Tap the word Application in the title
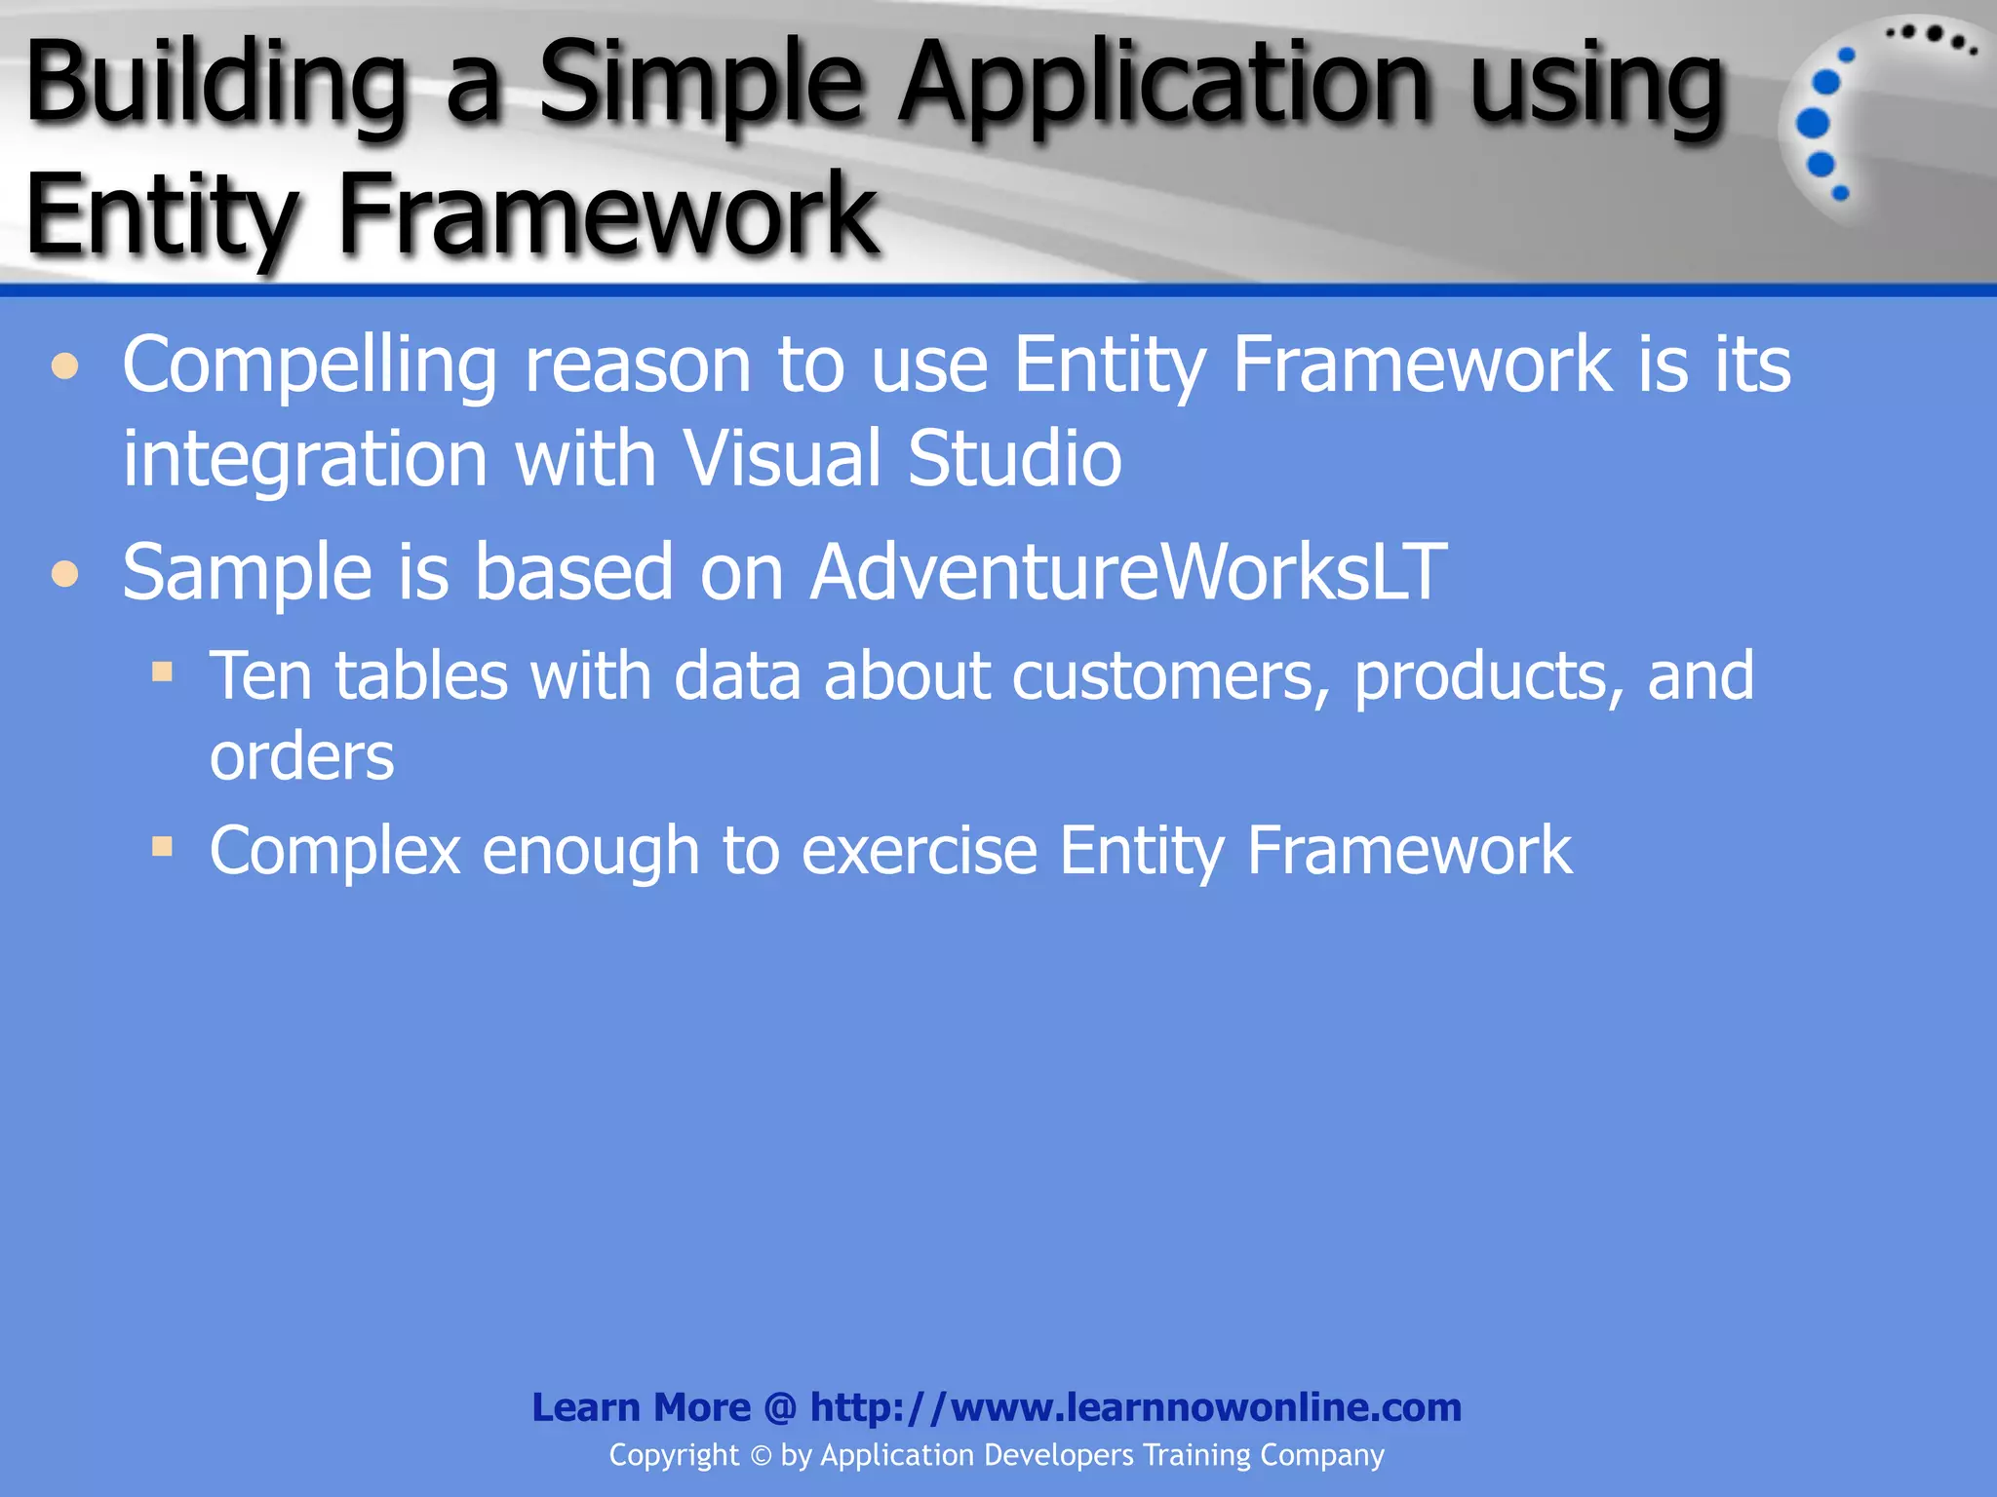pyautogui.click(x=1164, y=86)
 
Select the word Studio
pyautogui.click(x=1014, y=458)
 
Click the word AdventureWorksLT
pyautogui.click(x=1128, y=572)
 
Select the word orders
pyautogui.click(x=301, y=757)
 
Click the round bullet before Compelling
pyautogui.click(x=65, y=367)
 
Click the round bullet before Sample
pyautogui.click(x=65, y=573)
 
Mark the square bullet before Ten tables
pyautogui.click(x=162, y=672)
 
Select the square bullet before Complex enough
pyautogui.click(x=162, y=846)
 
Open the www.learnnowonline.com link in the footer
pyautogui.click(x=1135, y=1407)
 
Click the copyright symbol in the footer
pyautogui.click(x=761, y=1456)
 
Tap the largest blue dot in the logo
pyautogui.click(x=1812, y=124)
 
